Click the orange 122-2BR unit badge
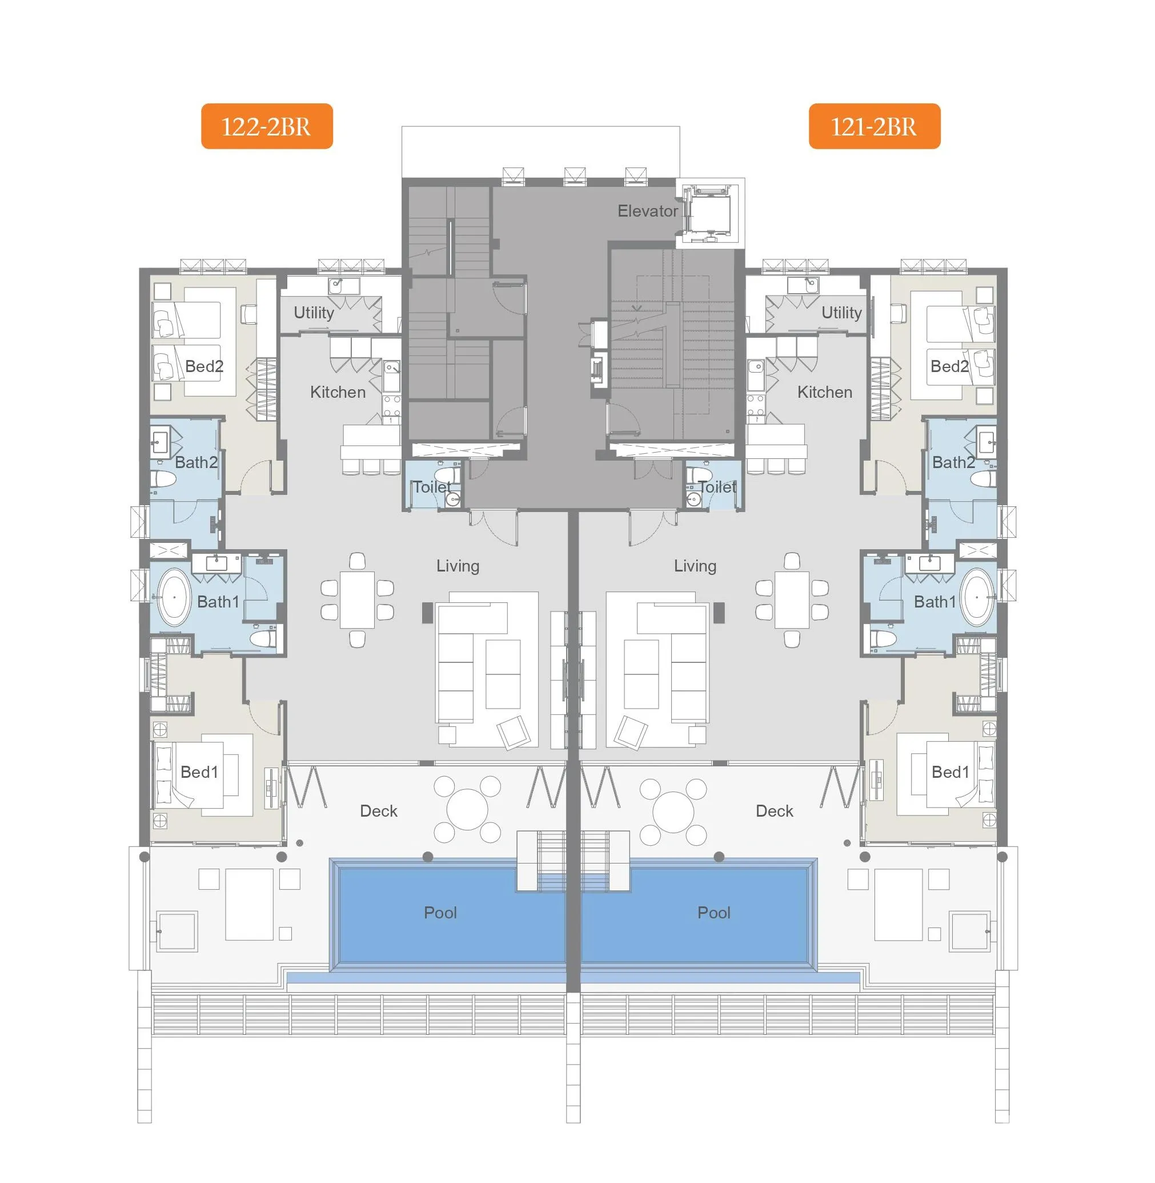[x=267, y=126]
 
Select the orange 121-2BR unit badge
[x=874, y=126]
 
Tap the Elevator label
[x=647, y=211]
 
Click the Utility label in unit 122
[x=314, y=313]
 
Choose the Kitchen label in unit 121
[x=824, y=392]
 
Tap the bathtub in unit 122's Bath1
[x=174, y=597]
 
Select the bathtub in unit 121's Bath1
[x=977, y=597]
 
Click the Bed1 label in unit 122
[x=199, y=772]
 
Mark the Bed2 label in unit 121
[x=949, y=366]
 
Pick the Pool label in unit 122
[x=440, y=912]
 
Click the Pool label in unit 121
[x=714, y=912]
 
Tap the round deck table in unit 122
[x=467, y=810]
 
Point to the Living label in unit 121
[x=695, y=566]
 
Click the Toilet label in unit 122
[x=432, y=487]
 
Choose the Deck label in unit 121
[x=774, y=811]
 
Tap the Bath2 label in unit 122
[x=196, y=462]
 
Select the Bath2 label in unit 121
[x=953, y=462]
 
